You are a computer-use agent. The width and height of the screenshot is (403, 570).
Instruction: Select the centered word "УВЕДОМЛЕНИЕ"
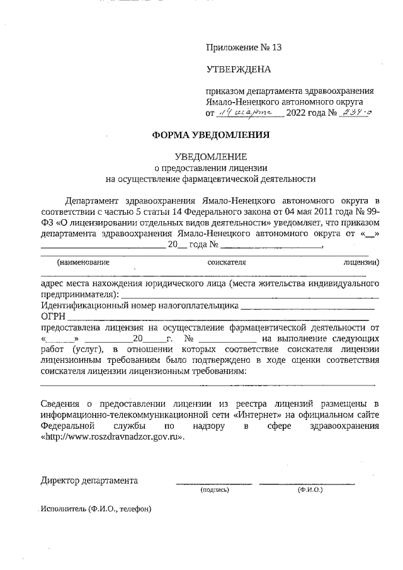click(211, 156)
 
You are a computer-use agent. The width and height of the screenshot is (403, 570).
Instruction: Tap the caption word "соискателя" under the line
click(226, 261)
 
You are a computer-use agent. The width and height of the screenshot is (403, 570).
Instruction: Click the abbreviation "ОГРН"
click(53, 317)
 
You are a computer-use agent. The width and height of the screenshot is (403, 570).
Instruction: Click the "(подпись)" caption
click(214, 489)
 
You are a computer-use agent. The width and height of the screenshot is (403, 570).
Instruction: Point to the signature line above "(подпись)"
click(213, 484)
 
